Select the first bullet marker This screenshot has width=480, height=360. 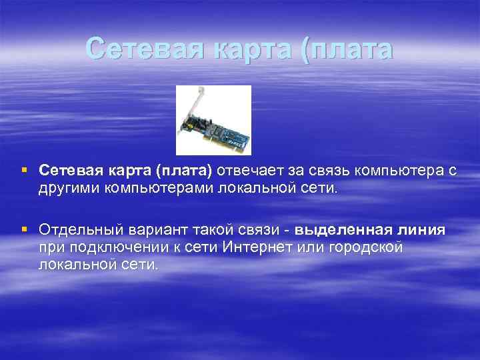pos(25,171)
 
